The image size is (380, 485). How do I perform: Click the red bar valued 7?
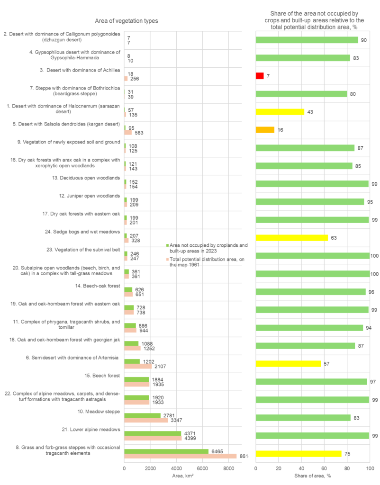(x=259, y=76)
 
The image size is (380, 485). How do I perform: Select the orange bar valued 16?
(x=265, y=130)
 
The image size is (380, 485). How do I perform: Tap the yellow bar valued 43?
(x=280, y=112)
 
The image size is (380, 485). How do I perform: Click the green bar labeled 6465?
(x=166, y=451)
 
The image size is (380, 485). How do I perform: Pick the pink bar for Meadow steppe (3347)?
(x=146, y=420)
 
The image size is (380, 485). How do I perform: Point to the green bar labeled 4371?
(x=153, y=433)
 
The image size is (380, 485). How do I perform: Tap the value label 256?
(x=135, y=79)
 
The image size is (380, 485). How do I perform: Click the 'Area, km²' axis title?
(x=182, y=475)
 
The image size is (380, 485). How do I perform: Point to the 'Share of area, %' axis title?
(x=312, y=475)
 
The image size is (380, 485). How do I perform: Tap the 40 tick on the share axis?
(x=301, y=467)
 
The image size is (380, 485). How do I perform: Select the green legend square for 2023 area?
(x=167, y=245)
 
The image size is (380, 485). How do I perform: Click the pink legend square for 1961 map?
(x=167, y=259)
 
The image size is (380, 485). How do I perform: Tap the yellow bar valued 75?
(x=298, y=453)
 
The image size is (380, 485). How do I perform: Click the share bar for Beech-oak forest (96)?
(x=310, y=292)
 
